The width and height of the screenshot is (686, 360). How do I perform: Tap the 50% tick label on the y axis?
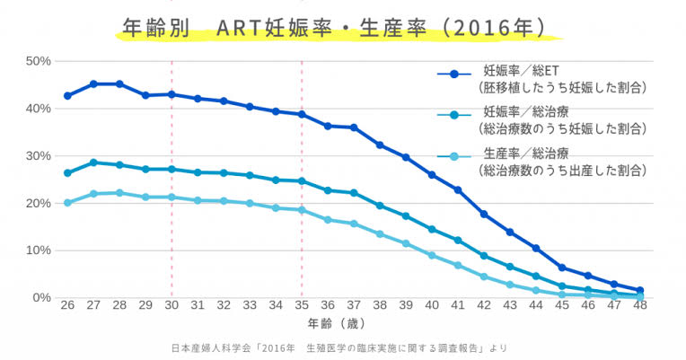(x=37, y=61)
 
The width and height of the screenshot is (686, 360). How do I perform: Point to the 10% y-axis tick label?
(x=37, y=250)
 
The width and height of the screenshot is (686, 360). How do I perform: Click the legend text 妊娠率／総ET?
(x=515, y=69)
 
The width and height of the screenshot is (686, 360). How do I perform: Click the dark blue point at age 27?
(x=93, y=83)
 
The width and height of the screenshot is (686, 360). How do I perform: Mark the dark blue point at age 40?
(x=432, y=174)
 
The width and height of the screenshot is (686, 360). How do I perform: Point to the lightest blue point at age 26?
(x=67, y=203)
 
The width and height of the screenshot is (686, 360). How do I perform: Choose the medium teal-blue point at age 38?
(x=380, y=206)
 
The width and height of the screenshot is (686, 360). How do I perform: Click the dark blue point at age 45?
(x=562, y=268)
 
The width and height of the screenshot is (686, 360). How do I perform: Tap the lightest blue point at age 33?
(x=250, y=203)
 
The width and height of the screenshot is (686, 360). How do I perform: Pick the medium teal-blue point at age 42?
(x=484, y=256)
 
